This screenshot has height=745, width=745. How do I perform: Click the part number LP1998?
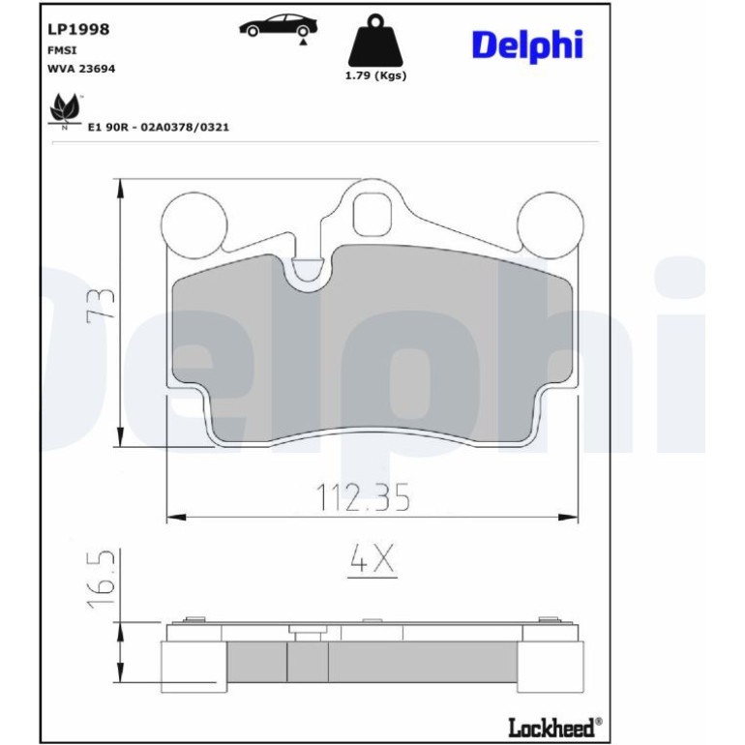tap(78, 29)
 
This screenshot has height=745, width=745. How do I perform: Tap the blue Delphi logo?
tap(527, 46)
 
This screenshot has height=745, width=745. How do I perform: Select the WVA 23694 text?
tap(81, 69)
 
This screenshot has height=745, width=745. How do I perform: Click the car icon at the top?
tap(279, 27)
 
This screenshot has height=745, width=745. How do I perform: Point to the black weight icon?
tap(375, 40)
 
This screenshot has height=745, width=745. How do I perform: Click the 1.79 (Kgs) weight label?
tap(375, 75)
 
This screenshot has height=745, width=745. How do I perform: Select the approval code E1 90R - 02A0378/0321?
tap(159, 128)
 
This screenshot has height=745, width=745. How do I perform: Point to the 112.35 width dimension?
tap(363, 497)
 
